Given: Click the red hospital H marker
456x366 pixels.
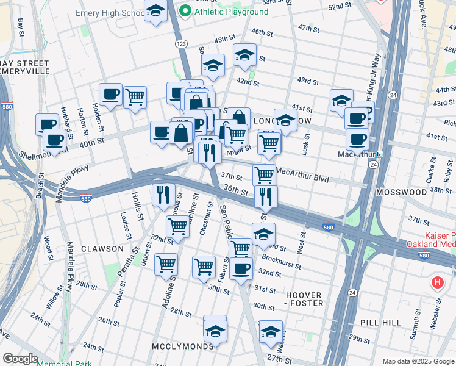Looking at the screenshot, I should pos(437,283).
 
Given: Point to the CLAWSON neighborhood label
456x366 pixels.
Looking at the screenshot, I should pos(101,249).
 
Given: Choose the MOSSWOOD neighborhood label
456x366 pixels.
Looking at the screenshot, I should pos(401,192).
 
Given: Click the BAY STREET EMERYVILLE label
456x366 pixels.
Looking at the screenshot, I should pos(24,67).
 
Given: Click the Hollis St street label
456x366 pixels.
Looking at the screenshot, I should pos(136,206).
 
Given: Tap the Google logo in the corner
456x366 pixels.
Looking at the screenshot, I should pos(21,359).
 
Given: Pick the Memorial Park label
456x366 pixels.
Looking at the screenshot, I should pos(64,364).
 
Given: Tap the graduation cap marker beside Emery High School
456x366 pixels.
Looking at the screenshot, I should pos(156,11).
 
